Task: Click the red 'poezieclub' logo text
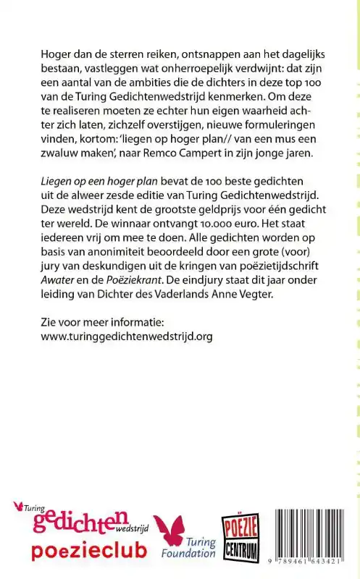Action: pos(88,551)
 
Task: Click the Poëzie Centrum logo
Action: pos(240,536)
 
